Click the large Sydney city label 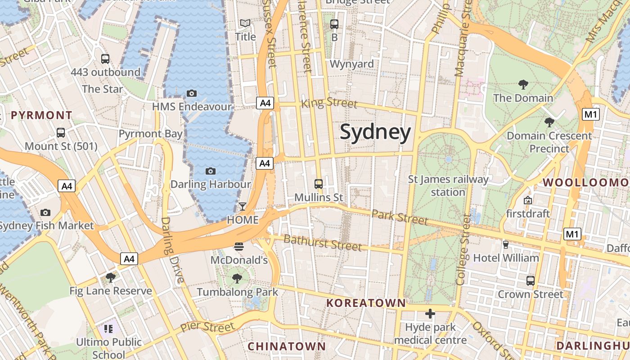[x=375, y=132]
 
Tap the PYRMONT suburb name [x=41, y=115]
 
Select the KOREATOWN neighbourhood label [x=366, y=303]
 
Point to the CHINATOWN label [x=286, y=346]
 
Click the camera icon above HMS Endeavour [x=192, y=93]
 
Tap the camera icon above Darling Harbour [x=210, y=171]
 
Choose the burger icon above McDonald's [x=239, y=246]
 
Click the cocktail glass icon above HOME [x=243, y=206]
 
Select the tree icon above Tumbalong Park [x=237, y=279]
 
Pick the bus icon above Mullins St [x=319, y=184]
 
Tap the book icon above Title [x=245, y=23]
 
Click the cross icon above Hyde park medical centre [x=430, y=313]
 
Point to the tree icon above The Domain [x=523, y=84]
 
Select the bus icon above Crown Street [x=531, y=281]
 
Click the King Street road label [x=329, y=103]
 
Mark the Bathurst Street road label [x=323, y=243]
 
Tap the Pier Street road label [x=207, y=327]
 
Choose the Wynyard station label [x=352, y=64]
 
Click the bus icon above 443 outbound [x=105, y=58]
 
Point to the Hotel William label [x=506, y=258]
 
